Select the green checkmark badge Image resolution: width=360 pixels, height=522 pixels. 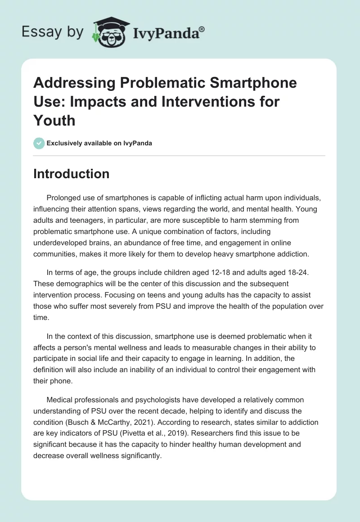point(39,143)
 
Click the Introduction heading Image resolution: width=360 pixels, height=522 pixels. point(71,174)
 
